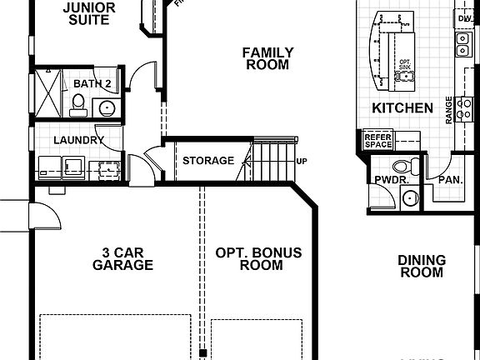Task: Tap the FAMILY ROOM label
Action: [267, 58]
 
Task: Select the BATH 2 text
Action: [92, 83]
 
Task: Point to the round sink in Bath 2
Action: [107, 107]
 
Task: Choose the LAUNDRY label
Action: [79, 140]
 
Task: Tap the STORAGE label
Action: [208, 160]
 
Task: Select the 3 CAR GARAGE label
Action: [122, 258]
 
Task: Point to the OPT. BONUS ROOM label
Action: [258, 258]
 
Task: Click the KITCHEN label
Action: [402, 108]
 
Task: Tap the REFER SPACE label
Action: [378, 140]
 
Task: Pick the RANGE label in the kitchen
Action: [449, 109]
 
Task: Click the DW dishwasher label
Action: [464, 17]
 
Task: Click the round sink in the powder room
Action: [408, 197]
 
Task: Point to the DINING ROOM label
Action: [422, 267]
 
